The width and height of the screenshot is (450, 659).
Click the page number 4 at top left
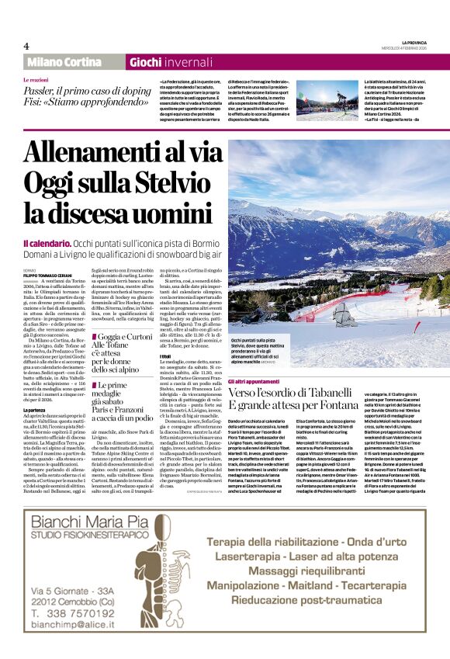[x=26, y=46]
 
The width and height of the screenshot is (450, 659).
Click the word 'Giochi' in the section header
[x=145, y=62]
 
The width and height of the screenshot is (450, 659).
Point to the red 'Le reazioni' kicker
[x=36, y=80]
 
